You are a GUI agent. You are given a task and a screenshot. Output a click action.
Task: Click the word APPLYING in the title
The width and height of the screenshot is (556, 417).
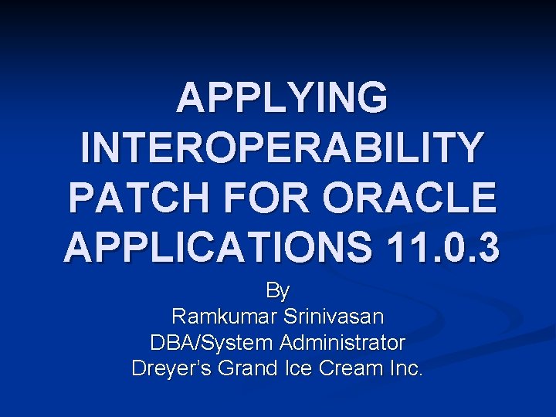point(282,100)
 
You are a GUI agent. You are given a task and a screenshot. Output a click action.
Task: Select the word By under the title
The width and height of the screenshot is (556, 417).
point(278,291)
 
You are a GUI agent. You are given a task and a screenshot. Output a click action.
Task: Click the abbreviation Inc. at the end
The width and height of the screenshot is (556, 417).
point(405,368)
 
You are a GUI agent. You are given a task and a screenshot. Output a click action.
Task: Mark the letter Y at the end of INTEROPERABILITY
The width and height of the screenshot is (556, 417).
point(468,149)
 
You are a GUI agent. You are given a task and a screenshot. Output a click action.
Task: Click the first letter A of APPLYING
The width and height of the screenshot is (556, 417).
point(191,100)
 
